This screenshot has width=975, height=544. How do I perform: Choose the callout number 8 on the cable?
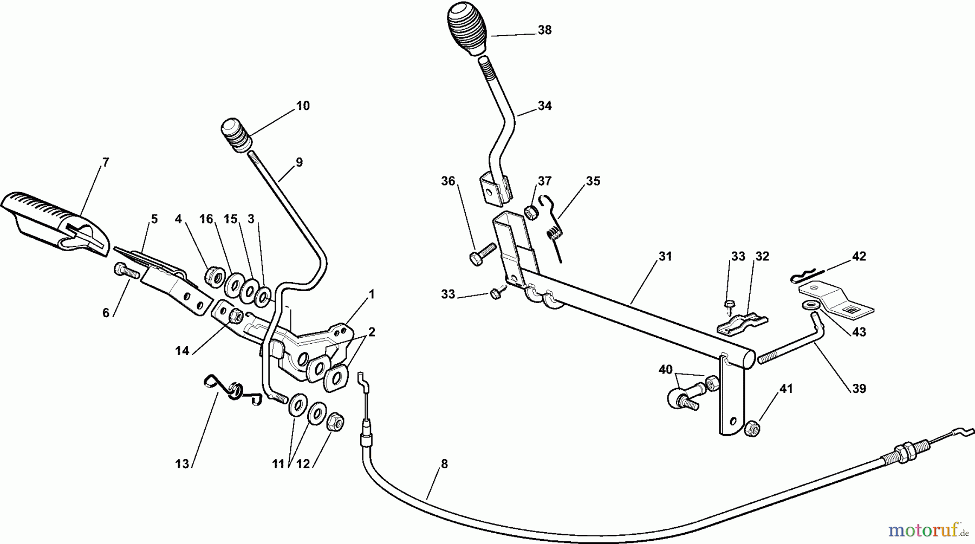coord(444,463)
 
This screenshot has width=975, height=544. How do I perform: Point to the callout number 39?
coord(859,388)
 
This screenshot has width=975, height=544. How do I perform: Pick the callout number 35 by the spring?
coord(593,181)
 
